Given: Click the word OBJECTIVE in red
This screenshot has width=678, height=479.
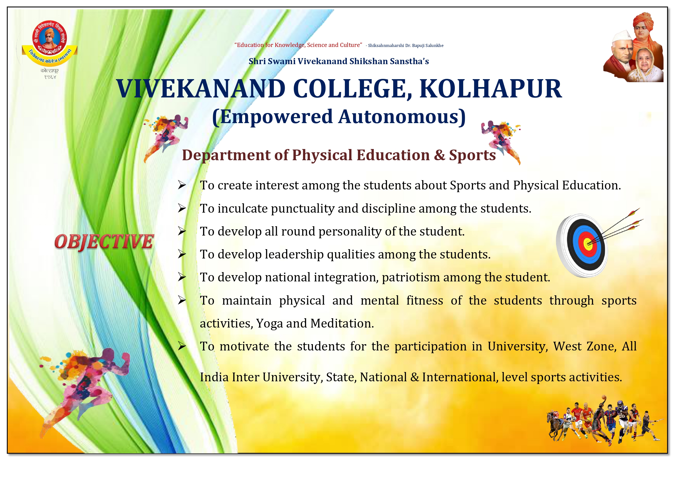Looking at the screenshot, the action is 104,242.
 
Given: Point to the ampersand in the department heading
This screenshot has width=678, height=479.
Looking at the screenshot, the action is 440,155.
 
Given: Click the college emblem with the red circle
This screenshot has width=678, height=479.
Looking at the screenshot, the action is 50,43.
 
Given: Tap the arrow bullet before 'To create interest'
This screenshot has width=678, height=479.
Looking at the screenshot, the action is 182,185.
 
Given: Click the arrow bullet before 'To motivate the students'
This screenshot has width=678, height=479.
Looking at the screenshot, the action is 182,346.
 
